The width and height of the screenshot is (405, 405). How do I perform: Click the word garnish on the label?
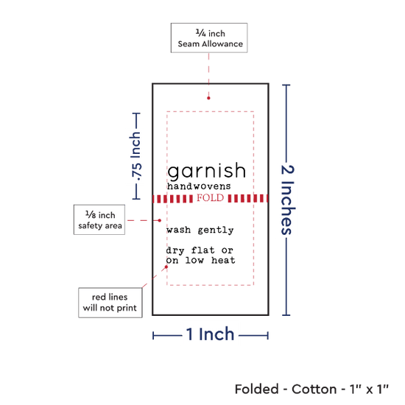click(x=207, y=172)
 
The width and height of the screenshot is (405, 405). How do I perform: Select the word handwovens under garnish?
click(x=199, y=186)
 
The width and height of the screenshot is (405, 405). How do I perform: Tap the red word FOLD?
click(x=211, y=198)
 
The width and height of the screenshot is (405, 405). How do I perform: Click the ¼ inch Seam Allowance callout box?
click(x=209, y=38)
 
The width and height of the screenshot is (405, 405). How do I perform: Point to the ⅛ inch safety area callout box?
click(x=99, y=220)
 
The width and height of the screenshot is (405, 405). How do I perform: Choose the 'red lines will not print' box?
click(x=110, y=303)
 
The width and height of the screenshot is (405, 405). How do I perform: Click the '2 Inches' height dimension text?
click(x=288, y=200)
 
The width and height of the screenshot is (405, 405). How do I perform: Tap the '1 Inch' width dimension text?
click(x=210, y=334)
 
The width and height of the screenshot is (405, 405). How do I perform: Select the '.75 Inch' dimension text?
click(x=136, y=156)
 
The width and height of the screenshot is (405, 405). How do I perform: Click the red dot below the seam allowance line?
click(x=208, y=98)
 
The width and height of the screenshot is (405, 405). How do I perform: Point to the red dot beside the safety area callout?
click(x=160, y=220)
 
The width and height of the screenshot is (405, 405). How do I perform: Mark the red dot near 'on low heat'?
click(x=166, y=267)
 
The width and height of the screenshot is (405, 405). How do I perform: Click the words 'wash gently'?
click(x=200, y=230)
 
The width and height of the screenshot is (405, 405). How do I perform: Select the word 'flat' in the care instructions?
click(x=202, y=250)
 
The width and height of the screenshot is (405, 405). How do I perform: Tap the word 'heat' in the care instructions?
click(x=223, y=260)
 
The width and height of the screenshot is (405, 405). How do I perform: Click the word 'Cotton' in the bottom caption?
click(x=314, y=389)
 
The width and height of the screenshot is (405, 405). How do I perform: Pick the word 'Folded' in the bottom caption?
click(x=257, y=389)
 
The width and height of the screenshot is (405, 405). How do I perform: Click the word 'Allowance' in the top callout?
click(x=222, y=44)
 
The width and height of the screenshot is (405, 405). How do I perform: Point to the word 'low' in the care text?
click(x=194, y=260)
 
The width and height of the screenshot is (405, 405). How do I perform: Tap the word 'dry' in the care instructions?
click(x=175, y=250)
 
